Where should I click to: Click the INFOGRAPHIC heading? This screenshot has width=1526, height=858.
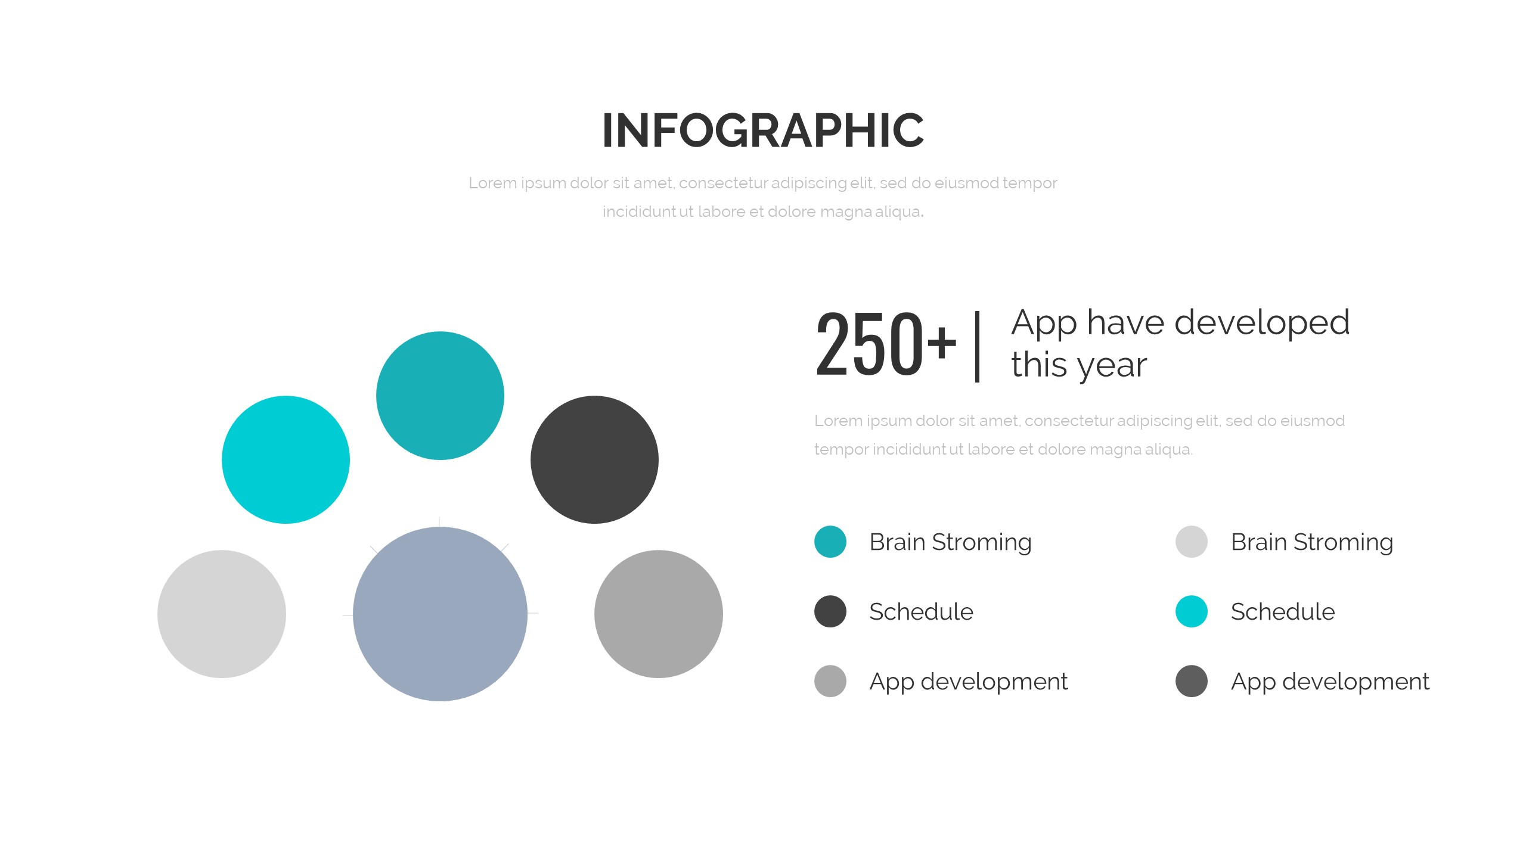(763, 130)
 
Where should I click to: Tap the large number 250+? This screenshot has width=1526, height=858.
(886, 344)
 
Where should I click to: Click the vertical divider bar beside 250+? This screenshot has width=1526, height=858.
(977, 346)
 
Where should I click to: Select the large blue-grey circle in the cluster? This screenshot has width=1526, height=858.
(440, 614)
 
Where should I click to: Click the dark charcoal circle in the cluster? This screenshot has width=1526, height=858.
(594, 459)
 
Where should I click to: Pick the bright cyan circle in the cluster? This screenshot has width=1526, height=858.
(286, 459)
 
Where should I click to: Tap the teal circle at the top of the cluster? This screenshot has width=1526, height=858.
(440, 395)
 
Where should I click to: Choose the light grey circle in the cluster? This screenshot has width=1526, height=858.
(222, 614)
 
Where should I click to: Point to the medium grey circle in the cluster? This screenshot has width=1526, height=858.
(659, 614)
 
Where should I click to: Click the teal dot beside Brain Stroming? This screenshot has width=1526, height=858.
(830, 542)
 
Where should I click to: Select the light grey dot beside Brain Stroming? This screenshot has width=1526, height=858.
(1192, 542)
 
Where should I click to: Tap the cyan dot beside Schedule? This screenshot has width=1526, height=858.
(1192, 611)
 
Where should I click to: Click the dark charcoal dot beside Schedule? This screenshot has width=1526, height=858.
(830, 611)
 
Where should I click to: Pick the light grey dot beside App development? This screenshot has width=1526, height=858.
(830, 681)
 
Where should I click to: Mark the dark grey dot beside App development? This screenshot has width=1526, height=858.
(1192, 681)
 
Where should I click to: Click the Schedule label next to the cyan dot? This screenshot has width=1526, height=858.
(1283, 612)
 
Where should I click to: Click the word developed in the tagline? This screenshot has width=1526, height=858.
(1262, 322)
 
